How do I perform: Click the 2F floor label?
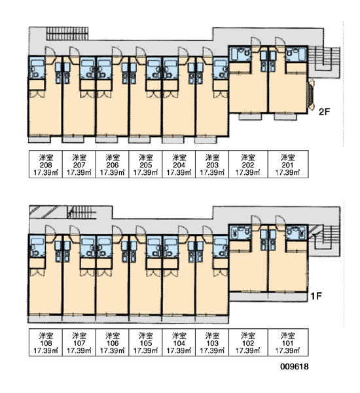click(325, 112)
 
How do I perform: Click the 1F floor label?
click(316, 296)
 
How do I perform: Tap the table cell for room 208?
click(46, 164)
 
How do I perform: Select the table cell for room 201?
click(288, 164)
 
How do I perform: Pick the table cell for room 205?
click(145, 164)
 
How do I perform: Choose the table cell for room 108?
click(46, 343)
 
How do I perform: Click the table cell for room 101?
click(288, 343)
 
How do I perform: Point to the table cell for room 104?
click(179, 343)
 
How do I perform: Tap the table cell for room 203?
click(212, 164)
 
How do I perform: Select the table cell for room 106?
click(112, 343)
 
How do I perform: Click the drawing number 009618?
click(295, 367)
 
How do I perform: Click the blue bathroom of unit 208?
click(37, 68)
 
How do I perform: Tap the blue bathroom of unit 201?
click(296, 54)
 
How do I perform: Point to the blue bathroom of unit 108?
click(37, 247)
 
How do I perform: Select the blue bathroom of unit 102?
click(240, 233)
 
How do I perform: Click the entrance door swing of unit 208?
click(50, 52)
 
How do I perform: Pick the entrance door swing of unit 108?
click(50, 231)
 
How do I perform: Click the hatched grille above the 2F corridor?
click(67, 33)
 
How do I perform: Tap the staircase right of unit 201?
click(324, 62)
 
